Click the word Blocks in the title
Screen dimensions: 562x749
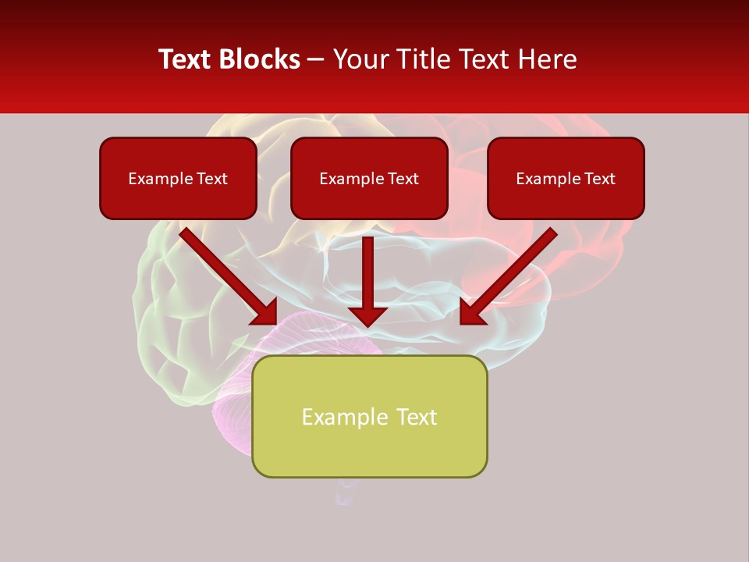pos(261,59)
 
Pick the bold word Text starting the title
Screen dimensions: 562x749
pos(186,59)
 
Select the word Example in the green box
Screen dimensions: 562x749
pos(341,418)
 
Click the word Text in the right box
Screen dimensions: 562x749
pos(599,179)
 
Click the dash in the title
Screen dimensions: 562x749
pos(316,59)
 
